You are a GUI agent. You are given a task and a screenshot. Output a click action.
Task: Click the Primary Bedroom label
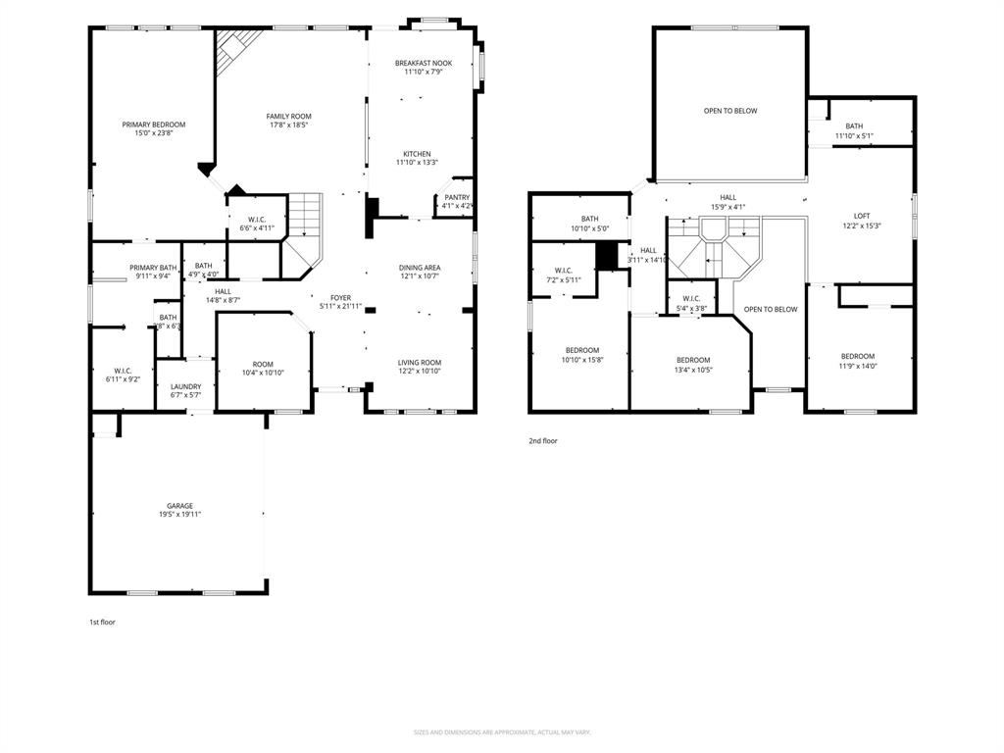pyautogui.click(x=153, y=125)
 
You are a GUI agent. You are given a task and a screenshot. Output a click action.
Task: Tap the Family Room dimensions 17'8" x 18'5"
pyautogui.click(x=289, y=125)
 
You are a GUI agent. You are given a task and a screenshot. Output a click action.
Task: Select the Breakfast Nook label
pyautogui.click(x=424, y=63)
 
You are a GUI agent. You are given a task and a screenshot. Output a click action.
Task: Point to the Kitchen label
pyautogui.click(x=417, y=154)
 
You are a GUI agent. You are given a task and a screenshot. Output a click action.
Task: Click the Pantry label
pyautogui.click(x=457, y=197)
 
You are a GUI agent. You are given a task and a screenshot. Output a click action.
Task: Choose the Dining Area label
pyautogui.click(x=420, y=268)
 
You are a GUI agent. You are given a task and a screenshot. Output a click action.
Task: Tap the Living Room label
pyautogui.click(x=420, y=362)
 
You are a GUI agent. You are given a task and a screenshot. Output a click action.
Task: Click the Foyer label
pyautogui.click(x=340, y=297)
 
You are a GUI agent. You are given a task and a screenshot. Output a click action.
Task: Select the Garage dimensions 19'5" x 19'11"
pyautogui.click(x=179, y=515)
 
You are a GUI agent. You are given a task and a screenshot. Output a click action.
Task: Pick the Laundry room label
pyautogui.click(x=185, y=386)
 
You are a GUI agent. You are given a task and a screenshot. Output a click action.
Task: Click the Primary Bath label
pyautogui.click(x=153, y=268)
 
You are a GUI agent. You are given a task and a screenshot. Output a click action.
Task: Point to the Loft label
pyautogui.click(x=861, y=216)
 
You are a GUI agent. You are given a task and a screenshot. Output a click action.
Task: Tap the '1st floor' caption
pyautogui.click(x=102, y=622)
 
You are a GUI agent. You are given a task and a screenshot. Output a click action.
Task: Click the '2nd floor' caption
pyautogui.click(x=542, y=441)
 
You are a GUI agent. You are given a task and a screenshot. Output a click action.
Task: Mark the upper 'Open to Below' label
pyautogui.click(x=730, y=111)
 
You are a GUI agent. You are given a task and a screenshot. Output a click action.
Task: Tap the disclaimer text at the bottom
pyautogui.click(x=502, y=732)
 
